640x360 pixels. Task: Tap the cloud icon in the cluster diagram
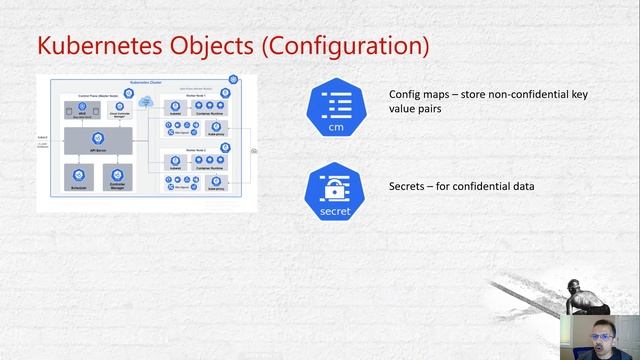(146, 101)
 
